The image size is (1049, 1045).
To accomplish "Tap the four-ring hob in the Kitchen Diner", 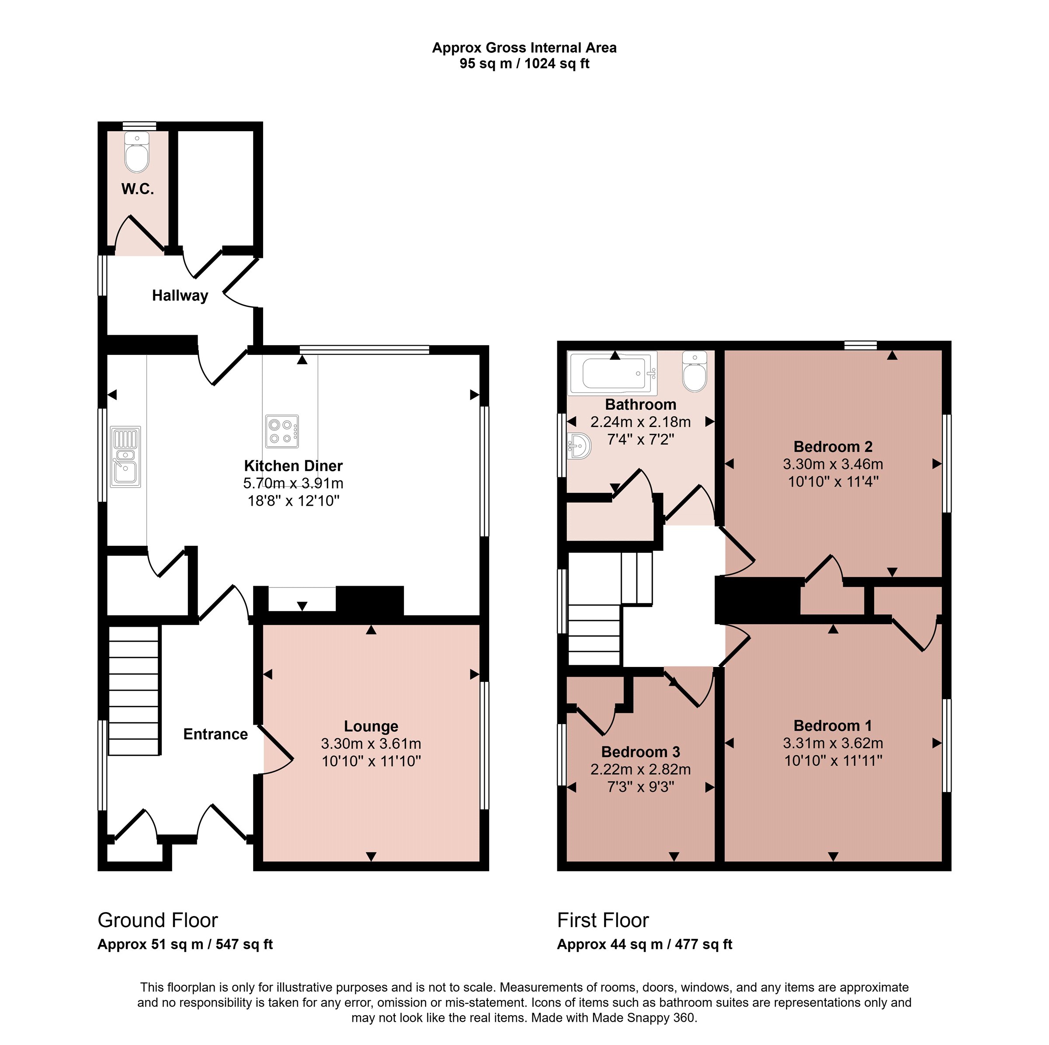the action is (282, 431).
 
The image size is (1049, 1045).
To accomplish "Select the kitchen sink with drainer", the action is (125, 457).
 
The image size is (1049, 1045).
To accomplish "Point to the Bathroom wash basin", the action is (579, 446).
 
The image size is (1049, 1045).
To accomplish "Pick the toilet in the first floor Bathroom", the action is (695, 371).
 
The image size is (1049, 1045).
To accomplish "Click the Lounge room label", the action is (372, 726).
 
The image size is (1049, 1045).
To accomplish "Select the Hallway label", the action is (180, 296).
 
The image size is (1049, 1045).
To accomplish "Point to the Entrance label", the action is (215, 735).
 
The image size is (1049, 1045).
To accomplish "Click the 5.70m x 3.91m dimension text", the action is (293, 483).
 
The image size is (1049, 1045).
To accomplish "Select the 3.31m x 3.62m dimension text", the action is (833, 743).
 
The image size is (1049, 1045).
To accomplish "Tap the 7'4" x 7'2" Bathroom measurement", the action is (641, 439).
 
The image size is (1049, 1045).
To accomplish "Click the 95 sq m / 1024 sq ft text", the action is (524, 63).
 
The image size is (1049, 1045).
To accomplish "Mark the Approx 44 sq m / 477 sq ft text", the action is (645, 944).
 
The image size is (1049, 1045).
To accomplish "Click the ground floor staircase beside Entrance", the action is (134, 691).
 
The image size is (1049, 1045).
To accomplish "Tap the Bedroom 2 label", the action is (833, 447).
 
